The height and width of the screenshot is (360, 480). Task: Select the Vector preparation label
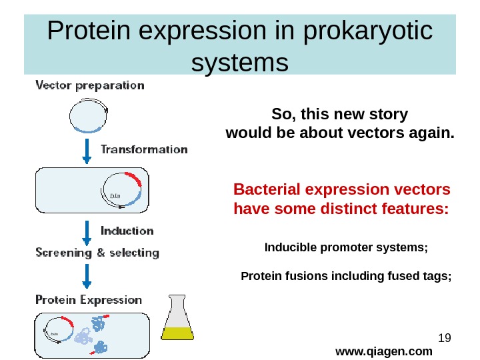click(89, 85)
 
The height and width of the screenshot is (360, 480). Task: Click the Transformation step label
click(143, 149)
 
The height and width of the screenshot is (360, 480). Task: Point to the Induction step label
click(127, 231)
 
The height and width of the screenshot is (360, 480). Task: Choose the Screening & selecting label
click(97, 253)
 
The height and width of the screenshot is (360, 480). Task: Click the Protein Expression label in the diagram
click(89, 300)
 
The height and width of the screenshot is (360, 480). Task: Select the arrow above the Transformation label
click(86, 151)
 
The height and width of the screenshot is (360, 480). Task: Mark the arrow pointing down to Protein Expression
click(86, 275)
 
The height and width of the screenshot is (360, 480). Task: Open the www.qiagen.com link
click(383, 351)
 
